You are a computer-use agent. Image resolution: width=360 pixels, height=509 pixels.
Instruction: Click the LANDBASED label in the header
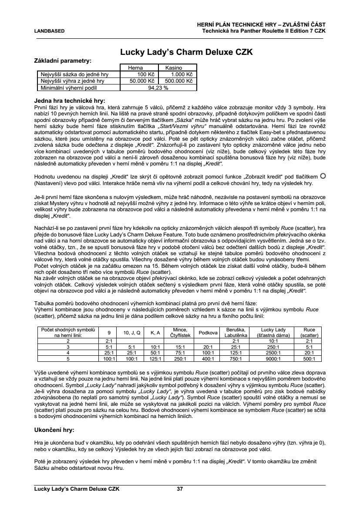coord(49,31)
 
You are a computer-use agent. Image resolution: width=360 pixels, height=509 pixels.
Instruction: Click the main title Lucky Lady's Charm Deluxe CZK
coord(186,52)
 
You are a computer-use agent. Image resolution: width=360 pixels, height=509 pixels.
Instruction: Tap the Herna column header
coord(136,68)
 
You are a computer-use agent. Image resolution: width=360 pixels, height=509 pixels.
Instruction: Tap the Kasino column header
coord(173,68)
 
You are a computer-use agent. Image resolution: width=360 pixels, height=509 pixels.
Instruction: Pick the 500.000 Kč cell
coord(177,81)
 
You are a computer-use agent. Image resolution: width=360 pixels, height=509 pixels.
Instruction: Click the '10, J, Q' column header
coord(131,333)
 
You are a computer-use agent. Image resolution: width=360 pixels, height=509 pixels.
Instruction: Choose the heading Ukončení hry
coord(54,429)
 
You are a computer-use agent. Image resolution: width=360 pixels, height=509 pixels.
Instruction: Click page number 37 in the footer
coord(180,489)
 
